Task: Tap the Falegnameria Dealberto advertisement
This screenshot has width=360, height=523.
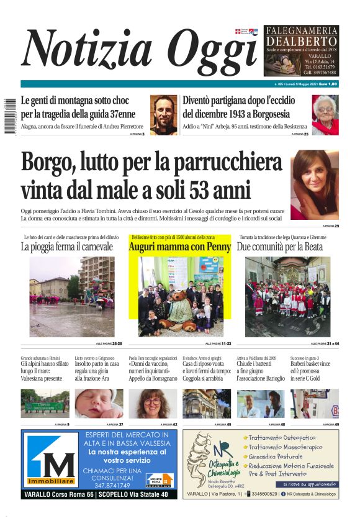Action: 301,51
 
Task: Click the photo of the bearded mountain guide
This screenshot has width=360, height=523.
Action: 163,115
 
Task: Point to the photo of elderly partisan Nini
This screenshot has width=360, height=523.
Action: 325,115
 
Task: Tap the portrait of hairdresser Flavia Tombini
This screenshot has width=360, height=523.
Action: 315,184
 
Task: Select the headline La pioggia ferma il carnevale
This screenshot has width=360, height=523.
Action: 67,247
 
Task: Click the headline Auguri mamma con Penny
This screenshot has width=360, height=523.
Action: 179,247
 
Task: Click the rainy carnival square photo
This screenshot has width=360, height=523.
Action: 71,296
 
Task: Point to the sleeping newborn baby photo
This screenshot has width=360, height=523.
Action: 99,404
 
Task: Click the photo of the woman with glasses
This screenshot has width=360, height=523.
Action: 153,404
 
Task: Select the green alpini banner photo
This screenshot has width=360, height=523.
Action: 45,404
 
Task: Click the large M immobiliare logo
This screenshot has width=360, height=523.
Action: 52,460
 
